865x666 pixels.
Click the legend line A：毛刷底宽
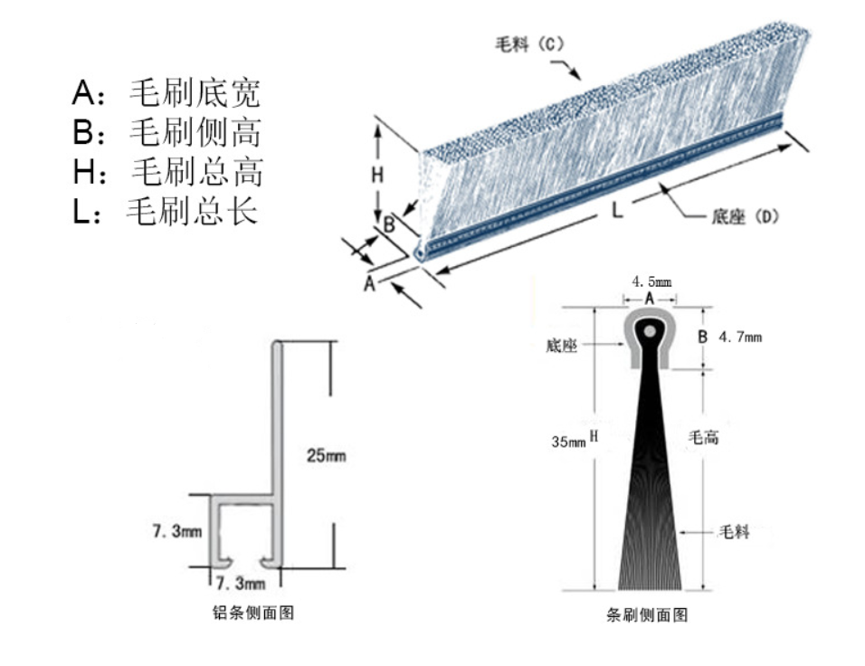coord(166,92)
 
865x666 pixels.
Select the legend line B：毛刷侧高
coord(166,132)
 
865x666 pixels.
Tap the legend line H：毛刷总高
coord(167,171)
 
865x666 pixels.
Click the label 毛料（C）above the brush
coord(529,43)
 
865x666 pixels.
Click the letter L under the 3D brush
coord(614,211)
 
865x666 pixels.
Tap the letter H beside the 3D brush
coord(377,175)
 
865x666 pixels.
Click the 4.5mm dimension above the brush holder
coord(651,281)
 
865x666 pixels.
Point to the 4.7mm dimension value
coord(740,338)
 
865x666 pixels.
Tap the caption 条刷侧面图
coord(646,615)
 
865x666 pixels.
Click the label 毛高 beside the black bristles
coord(704,438)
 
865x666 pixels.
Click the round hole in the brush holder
coord(651,332)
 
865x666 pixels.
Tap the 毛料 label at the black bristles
coord(734,531)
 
